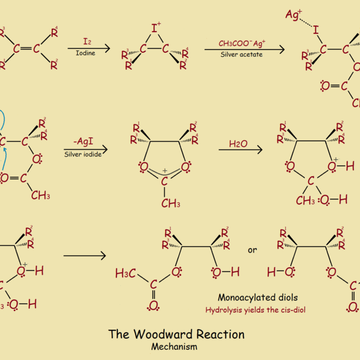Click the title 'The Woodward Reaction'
[177, 335]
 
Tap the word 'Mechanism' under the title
[174, 347]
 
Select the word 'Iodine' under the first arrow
[85, 52]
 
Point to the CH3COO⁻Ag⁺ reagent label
[242, 43]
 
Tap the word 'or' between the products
[251, 250]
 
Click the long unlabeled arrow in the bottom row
[84, 256]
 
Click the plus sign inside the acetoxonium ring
[164, 170]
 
